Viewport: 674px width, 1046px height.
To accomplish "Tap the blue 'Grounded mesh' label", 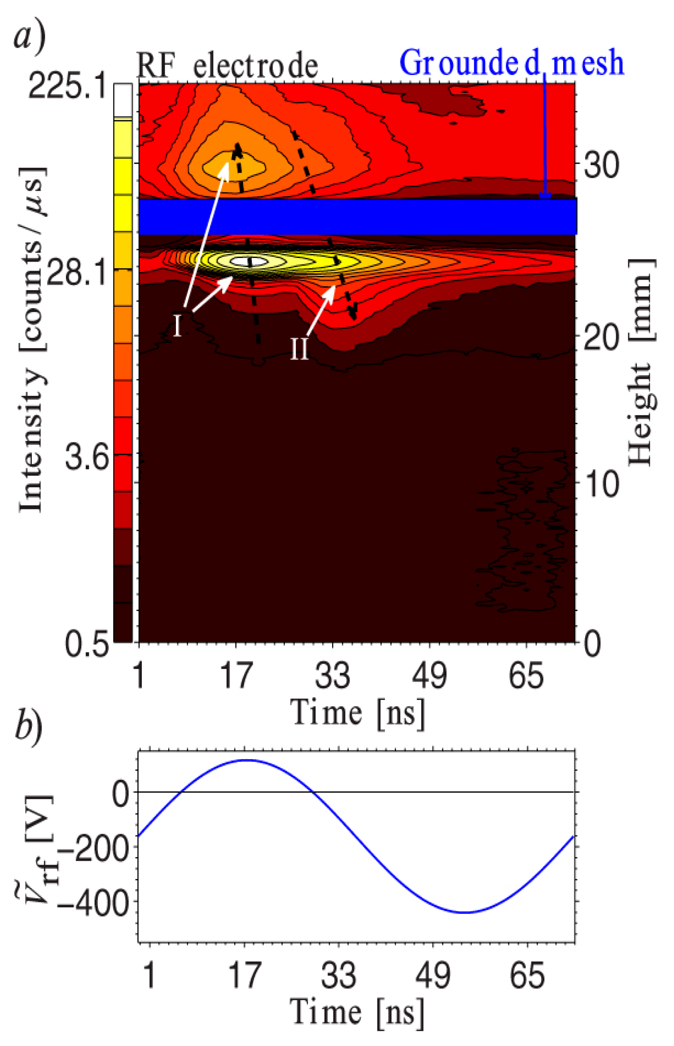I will (512, 63).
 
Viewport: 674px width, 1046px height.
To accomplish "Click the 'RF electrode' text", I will (227, 66).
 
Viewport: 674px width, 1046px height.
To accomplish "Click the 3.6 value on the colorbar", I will (87, 457).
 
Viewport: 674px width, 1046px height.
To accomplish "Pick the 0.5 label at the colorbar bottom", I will (87, 644).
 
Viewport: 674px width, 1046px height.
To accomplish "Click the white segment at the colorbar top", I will (123, 100).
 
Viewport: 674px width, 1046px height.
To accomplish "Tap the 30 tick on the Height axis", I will (602, 165).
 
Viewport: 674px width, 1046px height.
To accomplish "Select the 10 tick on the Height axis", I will (602, 484).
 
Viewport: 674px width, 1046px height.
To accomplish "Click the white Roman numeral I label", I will (178, 325).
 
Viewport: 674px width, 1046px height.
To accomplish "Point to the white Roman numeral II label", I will (299, 349).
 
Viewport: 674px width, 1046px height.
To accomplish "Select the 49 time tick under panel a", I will (429, 676).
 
